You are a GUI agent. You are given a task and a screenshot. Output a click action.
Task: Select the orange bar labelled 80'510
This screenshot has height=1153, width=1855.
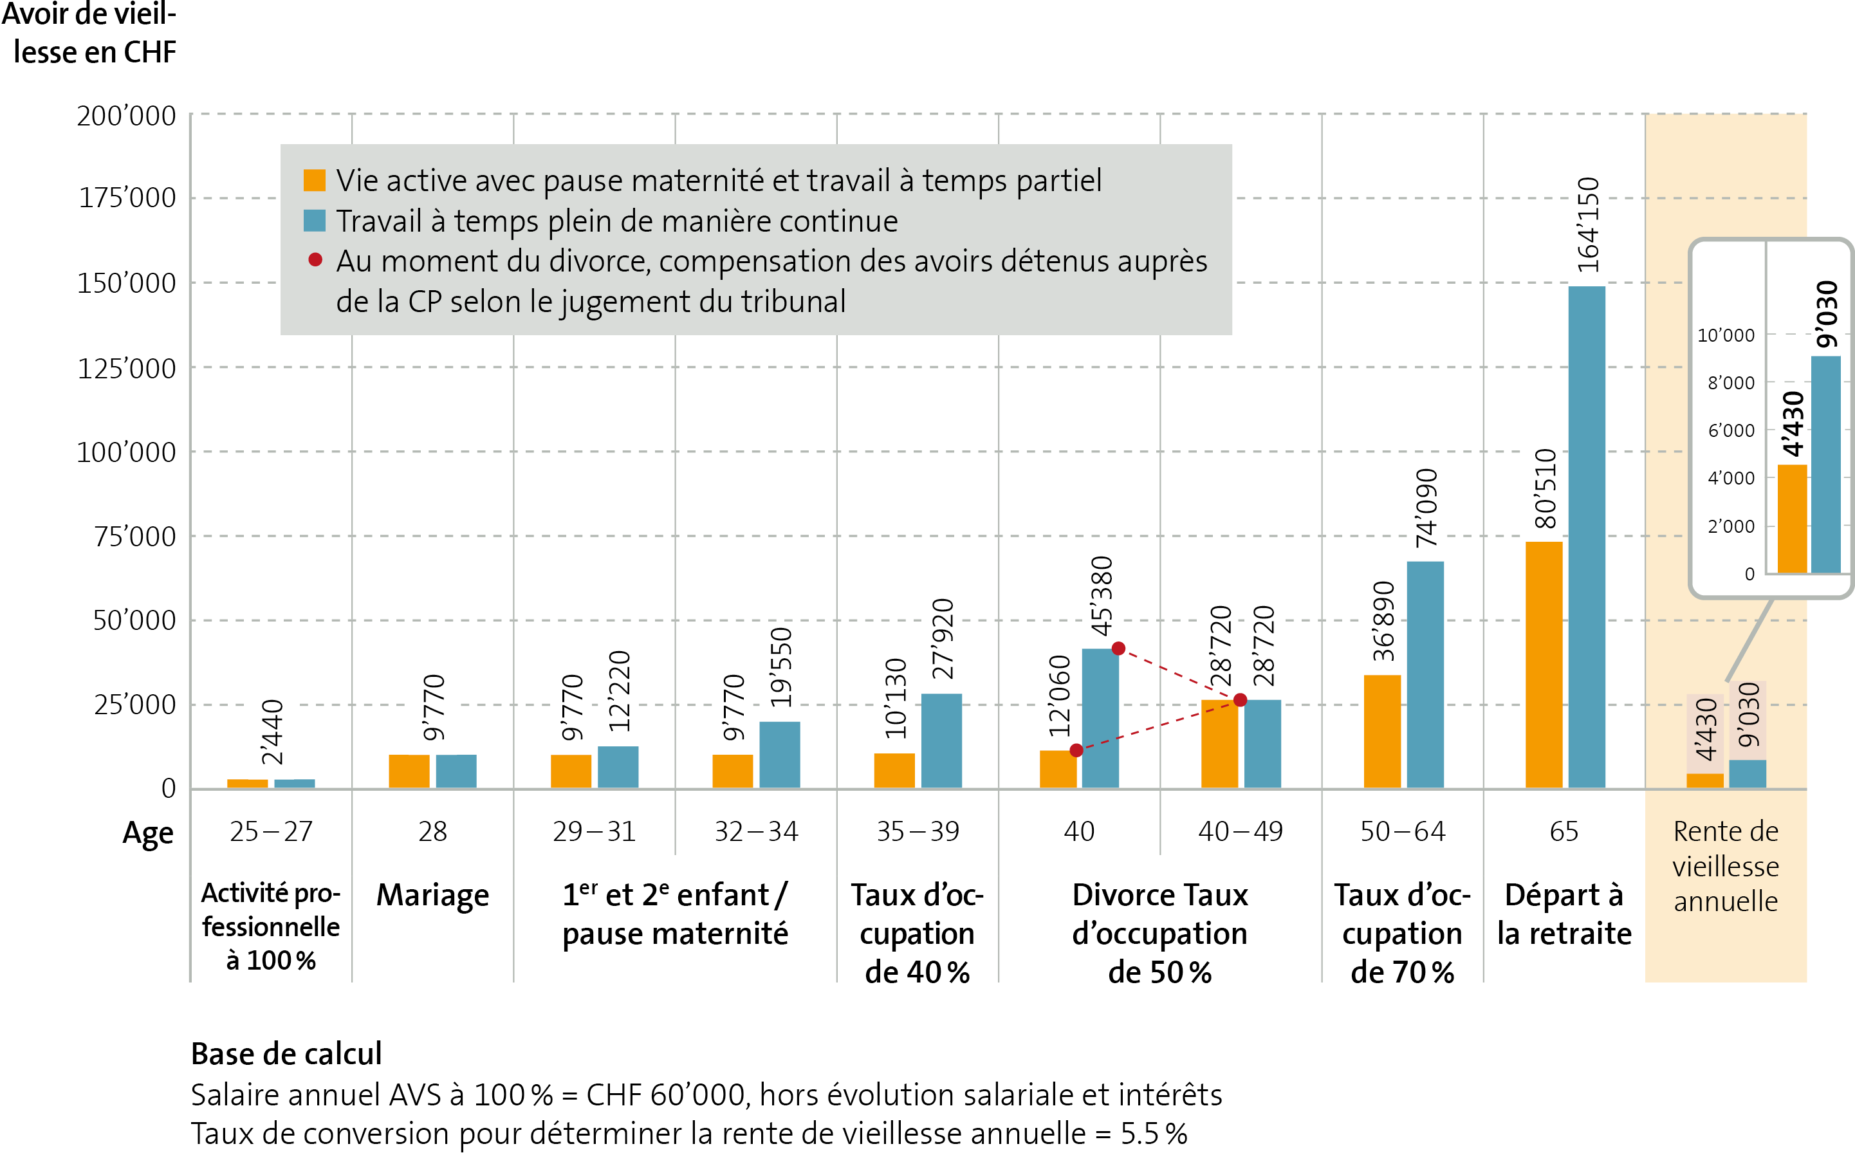click(1544, 664)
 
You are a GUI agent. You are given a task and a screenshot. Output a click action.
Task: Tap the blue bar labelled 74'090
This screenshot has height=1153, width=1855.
click(1425, 675)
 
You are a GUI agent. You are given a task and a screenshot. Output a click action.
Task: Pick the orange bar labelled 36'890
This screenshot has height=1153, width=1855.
click(1382, 732)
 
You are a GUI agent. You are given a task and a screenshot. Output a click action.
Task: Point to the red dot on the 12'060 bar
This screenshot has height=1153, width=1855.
click(1076, 750)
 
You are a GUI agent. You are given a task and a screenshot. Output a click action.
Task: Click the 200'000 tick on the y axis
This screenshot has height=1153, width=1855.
click(127, 116)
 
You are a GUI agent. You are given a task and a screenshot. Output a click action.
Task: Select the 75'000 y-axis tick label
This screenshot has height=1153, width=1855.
click(134, 537)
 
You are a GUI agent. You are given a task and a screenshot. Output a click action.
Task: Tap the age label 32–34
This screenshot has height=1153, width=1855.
click(755, 831)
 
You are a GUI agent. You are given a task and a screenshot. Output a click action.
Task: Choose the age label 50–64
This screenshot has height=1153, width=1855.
click(1403, 831)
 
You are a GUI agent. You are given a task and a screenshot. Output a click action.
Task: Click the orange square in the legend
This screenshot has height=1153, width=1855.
click(314, 181)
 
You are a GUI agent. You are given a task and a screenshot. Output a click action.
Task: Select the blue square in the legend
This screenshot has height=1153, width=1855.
click(314, 221)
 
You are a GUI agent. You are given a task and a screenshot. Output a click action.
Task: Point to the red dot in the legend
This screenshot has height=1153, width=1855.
click(315, 260)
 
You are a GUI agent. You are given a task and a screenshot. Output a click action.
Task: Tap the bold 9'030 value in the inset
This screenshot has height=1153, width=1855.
click(1827, 314)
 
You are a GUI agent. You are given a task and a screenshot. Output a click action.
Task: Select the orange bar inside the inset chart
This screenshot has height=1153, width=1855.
click(1792, 519)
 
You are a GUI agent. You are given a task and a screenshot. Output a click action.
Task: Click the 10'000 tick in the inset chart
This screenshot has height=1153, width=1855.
click(1726, 335)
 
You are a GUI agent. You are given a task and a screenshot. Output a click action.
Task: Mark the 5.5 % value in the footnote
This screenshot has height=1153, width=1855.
click(1154, 1133)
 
